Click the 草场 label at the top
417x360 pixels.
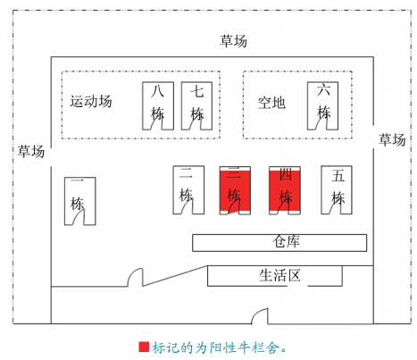point(233,41)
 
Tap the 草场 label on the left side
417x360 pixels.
point(31,151)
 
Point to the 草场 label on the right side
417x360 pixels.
point(392,139)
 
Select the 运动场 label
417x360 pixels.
point(91,101)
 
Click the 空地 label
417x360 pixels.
point(271,103)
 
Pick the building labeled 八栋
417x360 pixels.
point(158,106)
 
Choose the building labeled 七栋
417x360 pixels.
point(196,106)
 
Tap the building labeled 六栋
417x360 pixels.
point(322,106)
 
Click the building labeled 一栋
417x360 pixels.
point(80,201)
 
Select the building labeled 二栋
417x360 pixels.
point(188,190)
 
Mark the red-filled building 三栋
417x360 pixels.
point(235,190)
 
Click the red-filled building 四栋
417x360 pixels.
point(285,190)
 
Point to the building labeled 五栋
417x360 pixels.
point(337,190)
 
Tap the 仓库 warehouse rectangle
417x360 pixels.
point(279,243)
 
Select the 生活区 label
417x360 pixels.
point(279,275)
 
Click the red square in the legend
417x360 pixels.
point(144,347)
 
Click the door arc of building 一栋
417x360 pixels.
point(78,216)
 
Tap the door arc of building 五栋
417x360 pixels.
point(335,205)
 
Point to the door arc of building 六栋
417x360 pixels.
point(321,121)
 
